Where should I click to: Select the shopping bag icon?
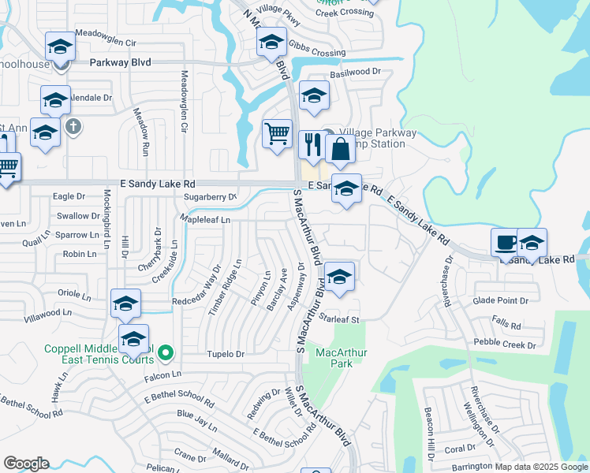(x=340, y=149)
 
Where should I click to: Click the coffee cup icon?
(x=505, y=242)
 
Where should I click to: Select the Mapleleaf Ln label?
(x=204, y=220)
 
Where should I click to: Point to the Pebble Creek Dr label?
(x=505, y=345)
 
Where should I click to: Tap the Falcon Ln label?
(x=162, y=374)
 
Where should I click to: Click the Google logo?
(x=26, y=464)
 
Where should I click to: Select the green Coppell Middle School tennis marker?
(x=165, y=353)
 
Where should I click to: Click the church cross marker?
(x=73, y=126)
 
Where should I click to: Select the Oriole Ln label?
(x=75, y=294)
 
